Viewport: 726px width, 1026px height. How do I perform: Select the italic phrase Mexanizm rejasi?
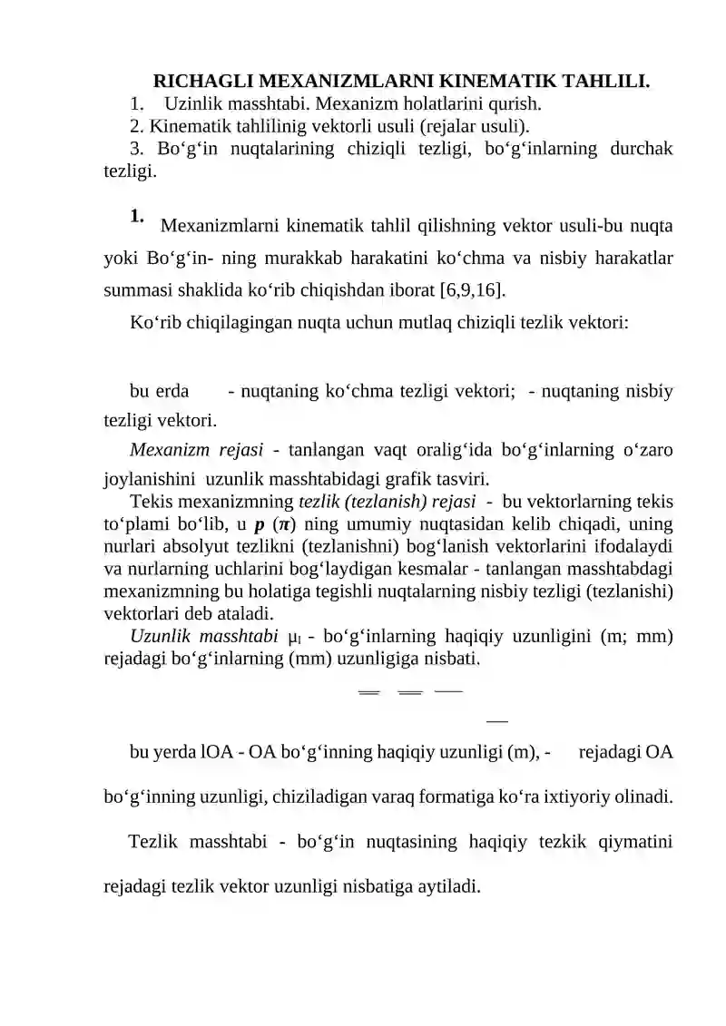point(197,449)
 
